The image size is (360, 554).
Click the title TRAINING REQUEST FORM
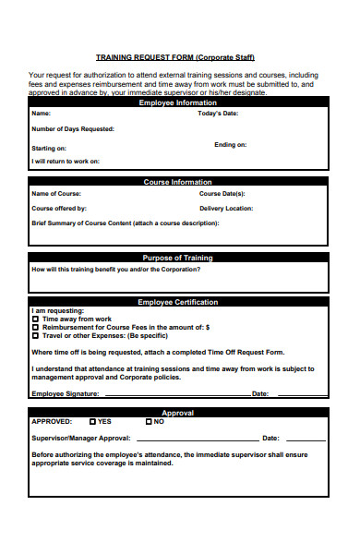pyautogui.click(x=175, y=56)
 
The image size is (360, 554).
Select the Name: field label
pyautogui.click(x=42, y=114)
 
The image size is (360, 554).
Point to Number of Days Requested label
pyautogui.click(x=73, y=129)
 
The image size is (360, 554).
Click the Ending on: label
pyautogui.click(x=231, y=145)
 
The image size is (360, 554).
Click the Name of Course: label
pyautogui.click(x=56, y=194)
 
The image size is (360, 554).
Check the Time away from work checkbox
pyautogui.click(x=35, y=319)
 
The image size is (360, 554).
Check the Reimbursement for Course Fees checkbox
pyautogui.click(x=35, y=327)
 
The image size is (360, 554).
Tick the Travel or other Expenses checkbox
pyautogui.click(x=35, y=335)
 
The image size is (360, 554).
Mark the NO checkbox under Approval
pyautogui.click(x=147, y=421)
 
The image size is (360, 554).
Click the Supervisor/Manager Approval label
pyautogui.click(x=81, y=438)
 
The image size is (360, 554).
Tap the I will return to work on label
pyautogui.click(x=66, y=162)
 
